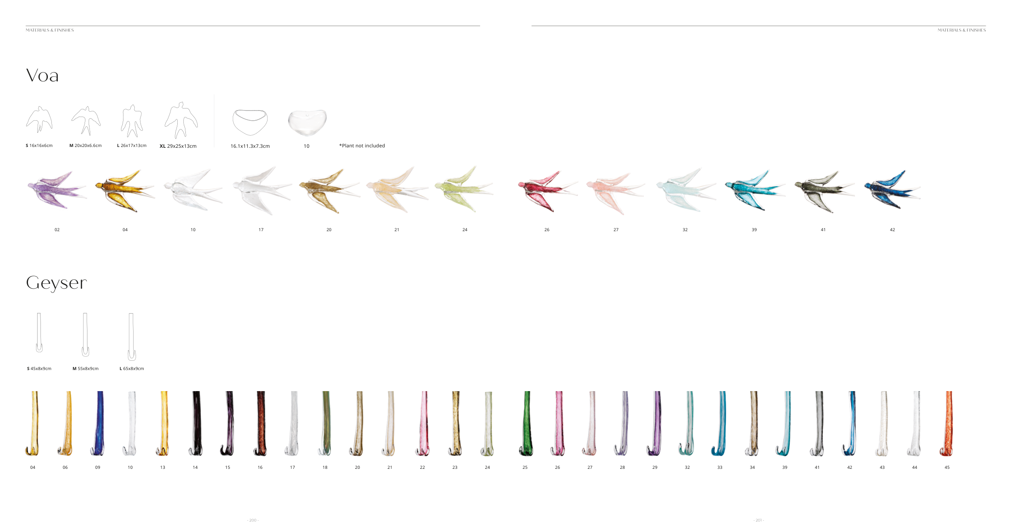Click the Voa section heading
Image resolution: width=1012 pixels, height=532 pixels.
pos(43,76)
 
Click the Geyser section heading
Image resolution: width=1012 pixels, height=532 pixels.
pos(56,283)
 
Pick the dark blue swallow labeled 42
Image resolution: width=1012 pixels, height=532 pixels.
pos(892,189)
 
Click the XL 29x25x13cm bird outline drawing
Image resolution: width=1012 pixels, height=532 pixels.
pos(181,120)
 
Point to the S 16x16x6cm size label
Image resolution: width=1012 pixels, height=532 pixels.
pos(39,146)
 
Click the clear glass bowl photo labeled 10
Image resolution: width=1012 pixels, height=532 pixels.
pos(307,122)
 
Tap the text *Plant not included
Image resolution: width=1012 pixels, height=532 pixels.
pos(362,146)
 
